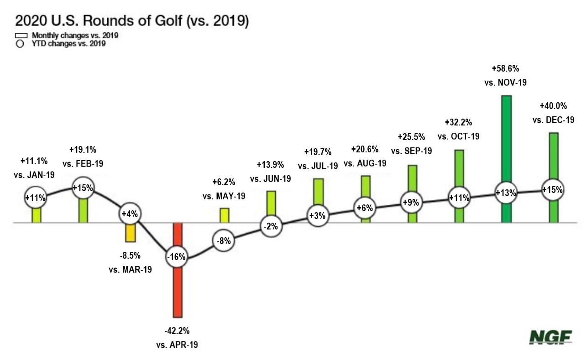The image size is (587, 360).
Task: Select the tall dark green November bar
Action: click(507, 137)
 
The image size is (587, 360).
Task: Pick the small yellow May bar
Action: click(224, 215)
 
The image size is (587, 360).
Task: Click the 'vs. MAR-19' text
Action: click(130, 269)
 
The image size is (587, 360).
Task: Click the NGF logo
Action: click(550, 337)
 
